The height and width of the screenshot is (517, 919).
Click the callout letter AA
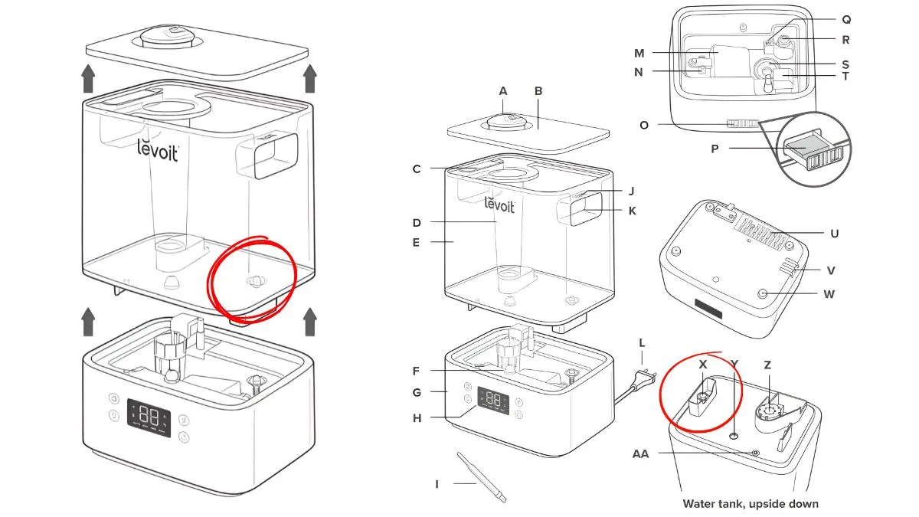(640, 453)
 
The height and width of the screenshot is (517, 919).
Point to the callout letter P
(715, 149)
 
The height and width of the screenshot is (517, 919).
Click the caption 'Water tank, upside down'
(751, 504)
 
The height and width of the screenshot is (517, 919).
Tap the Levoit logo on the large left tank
(158, 149)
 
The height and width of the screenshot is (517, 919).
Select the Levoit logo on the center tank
(500, 205)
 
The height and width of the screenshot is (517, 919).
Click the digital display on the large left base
(149, 417)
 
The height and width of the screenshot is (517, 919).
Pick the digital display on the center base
(493, 400)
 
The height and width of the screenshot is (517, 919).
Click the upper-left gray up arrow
(89, 78)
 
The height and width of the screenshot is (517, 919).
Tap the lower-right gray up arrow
(310, 322)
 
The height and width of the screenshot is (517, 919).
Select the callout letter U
(834, 233)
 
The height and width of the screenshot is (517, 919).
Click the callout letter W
(829, 293)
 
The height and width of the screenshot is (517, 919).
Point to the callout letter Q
(846, 19)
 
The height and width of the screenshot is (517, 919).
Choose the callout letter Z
(767, 365)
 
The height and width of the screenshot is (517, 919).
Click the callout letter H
(417, 417)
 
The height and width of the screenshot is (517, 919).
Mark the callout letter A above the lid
(503, 91)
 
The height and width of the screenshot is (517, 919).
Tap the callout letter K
(632, 211)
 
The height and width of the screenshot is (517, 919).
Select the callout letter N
(638, 72)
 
